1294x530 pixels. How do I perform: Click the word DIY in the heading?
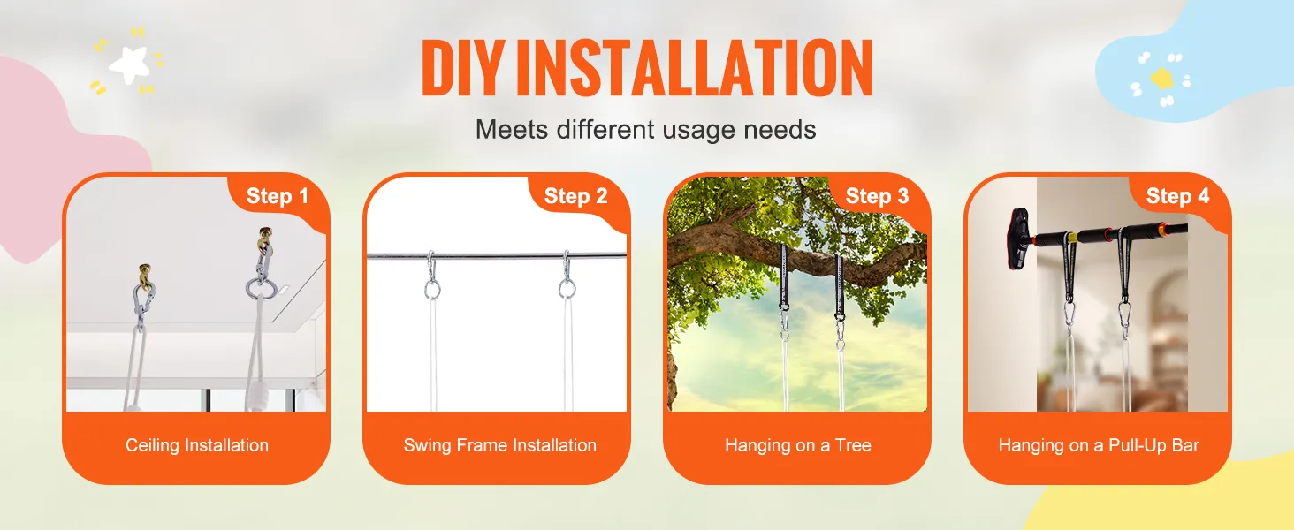[x=461, y=68]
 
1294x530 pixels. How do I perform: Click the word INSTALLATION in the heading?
[x=694, y=68]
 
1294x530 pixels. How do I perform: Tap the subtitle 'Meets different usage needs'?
[x=645, y=129]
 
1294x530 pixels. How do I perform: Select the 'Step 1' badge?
[x=278, y=196]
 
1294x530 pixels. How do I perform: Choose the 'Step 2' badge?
[x=576, y=196]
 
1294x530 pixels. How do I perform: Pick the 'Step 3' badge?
[x=878, y=196]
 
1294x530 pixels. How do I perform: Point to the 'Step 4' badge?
[x=1178, y=196]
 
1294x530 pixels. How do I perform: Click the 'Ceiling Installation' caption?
[x=197, y=445]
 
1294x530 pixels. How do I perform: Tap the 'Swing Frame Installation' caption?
[x=499, y=445]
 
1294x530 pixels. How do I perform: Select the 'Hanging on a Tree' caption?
[x=798, y=445]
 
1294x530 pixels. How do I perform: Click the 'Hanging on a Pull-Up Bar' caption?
[x=1099, y=445]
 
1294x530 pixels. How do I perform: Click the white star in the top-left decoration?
[x=129, y=64]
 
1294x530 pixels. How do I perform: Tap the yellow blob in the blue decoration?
[x=1161, y=78]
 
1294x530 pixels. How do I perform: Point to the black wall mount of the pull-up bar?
[x=1021, y=239]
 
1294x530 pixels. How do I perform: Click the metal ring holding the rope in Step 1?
[x=258, y=287]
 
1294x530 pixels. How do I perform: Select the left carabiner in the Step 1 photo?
[x=142, y=304]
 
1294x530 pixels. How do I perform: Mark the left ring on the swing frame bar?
[x=432, y=288]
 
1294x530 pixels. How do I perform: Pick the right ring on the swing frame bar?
[x=567, y=288]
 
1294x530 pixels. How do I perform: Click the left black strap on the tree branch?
[x=785, y=276]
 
